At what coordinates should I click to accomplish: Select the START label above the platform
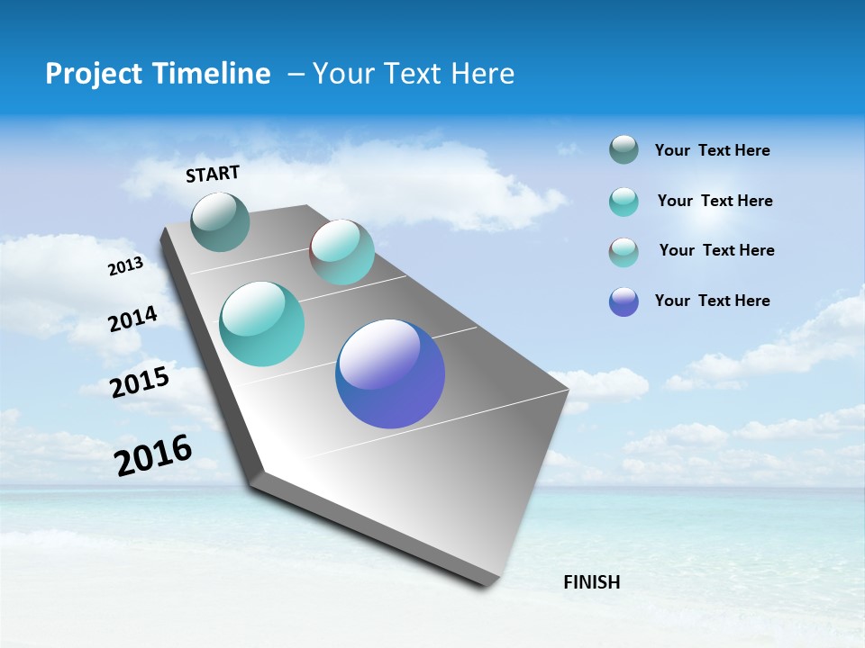(x=213, y=174)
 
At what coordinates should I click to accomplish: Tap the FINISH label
(x=591, y=582)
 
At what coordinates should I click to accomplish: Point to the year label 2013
(x=125, y=266)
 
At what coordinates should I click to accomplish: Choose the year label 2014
(x=132, y=319)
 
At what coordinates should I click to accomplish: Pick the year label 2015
(x=140, y=382)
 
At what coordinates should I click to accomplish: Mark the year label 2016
(x=153, y=455)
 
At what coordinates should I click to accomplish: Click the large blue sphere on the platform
(x=390, y=373)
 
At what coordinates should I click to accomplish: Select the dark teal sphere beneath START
(x=221, y=222)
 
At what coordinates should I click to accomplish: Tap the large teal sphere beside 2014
(x=262, y=324)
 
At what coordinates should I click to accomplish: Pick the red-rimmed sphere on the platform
(x=342, y=252)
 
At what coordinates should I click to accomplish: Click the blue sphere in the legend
(x=624, y=301)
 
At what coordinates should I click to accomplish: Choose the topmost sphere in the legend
(x=624, y=149)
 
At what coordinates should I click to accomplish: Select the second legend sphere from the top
(x=624, y=202)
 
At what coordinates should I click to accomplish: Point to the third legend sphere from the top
(x=624, y=252)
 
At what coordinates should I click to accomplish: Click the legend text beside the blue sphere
(x=712, y=301)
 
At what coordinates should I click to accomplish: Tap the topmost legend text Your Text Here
(x=712, y=150)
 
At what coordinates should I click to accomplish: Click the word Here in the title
(x=482, y=74)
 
